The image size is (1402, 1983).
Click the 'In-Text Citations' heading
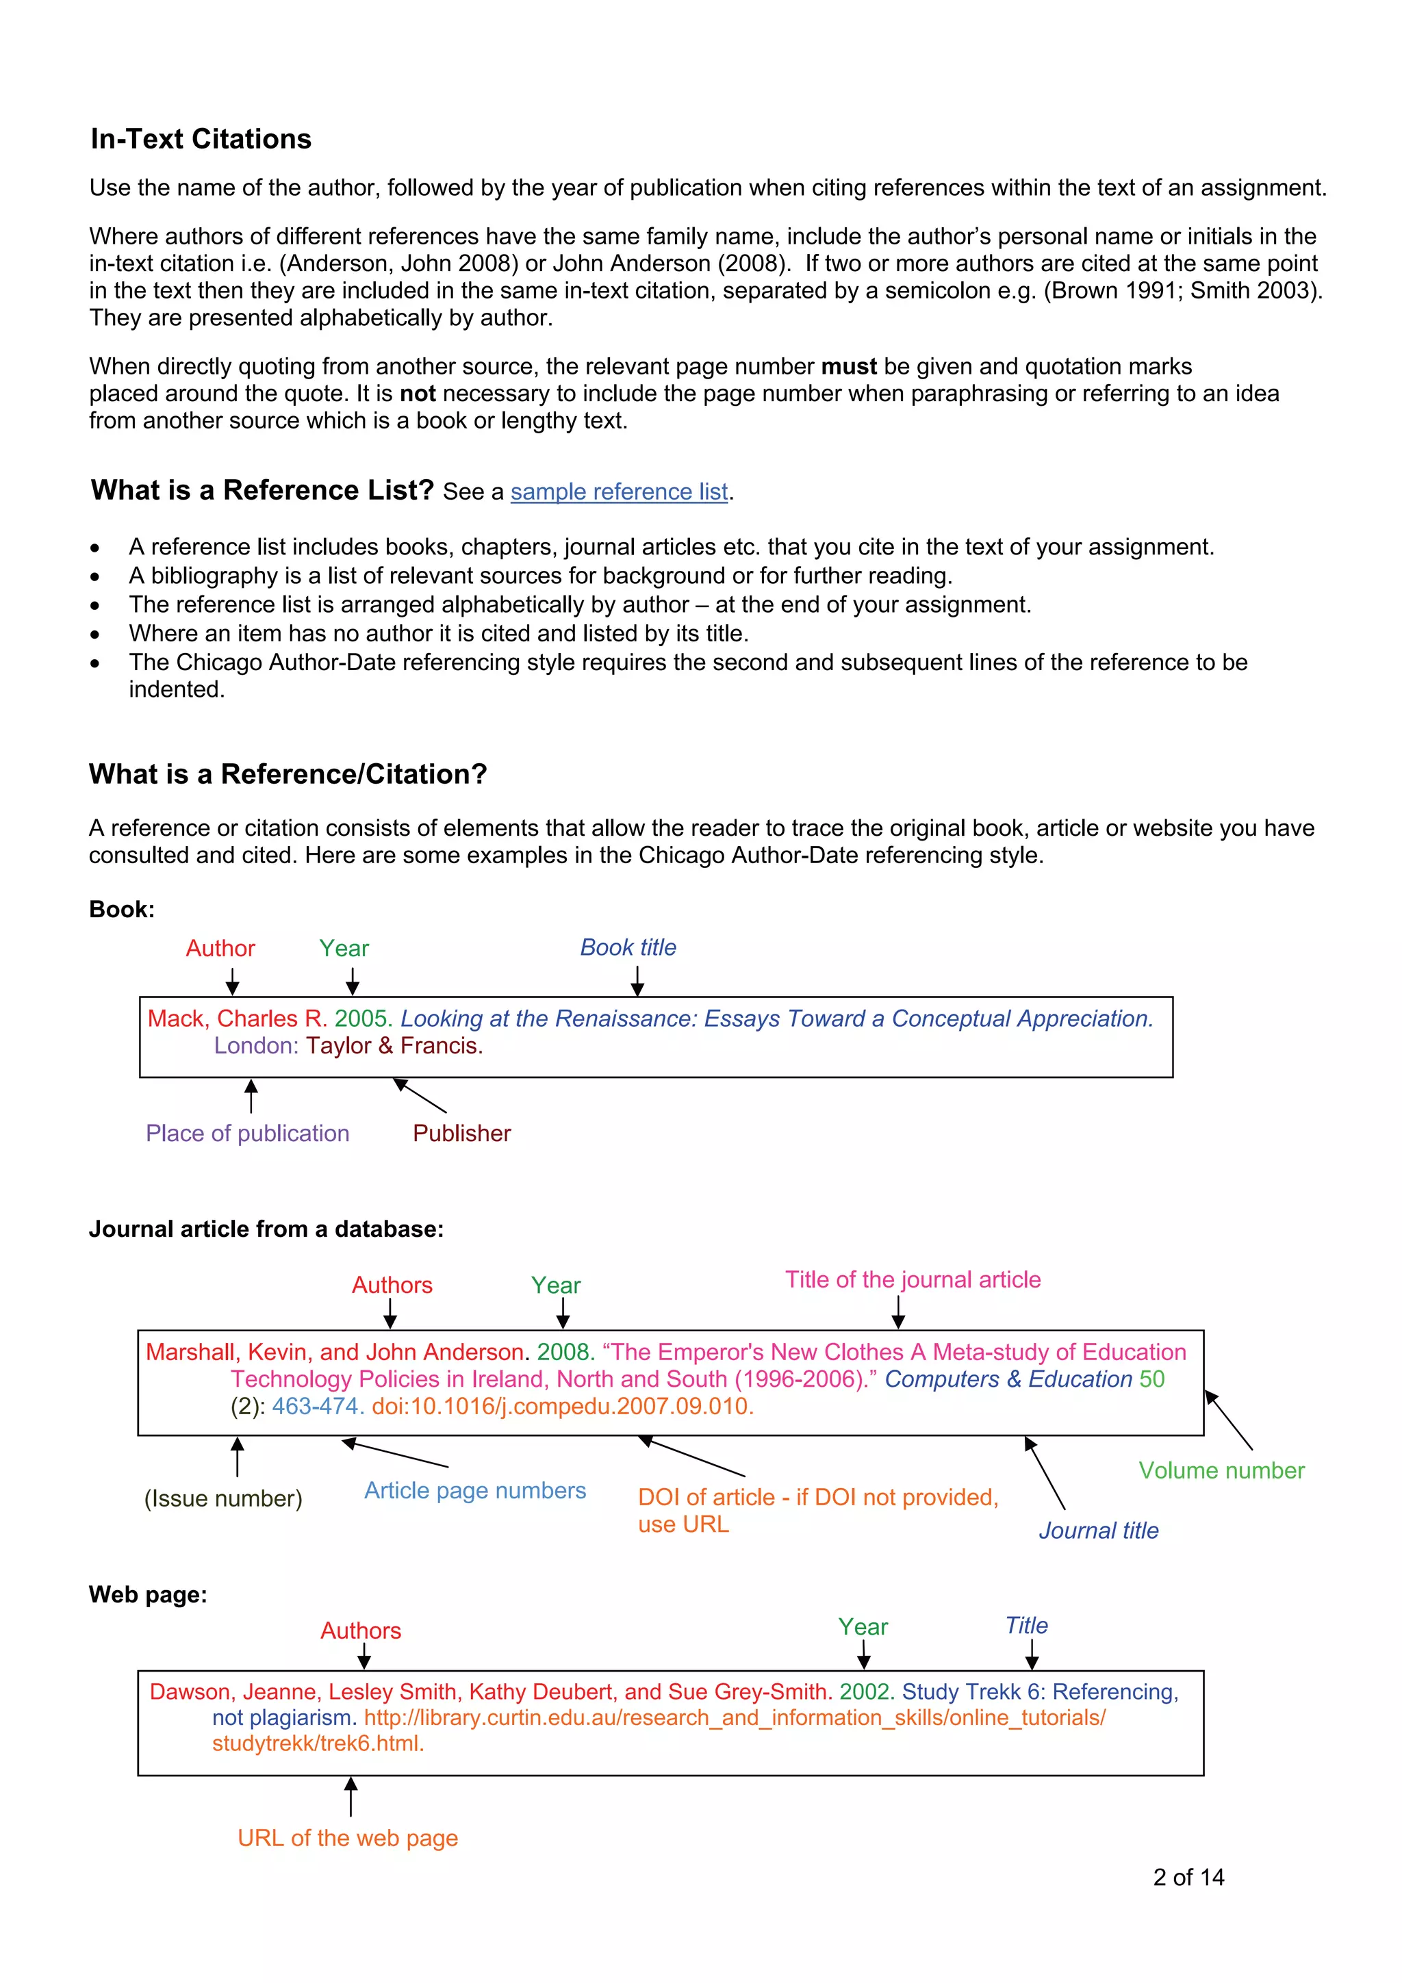[x=201, y=139]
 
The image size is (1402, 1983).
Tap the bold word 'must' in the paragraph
[x=848, y=367]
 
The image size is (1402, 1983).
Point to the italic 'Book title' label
[x=628, y=947]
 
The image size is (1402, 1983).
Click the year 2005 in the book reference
[x=363, y=1019]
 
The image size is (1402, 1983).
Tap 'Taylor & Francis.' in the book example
[x=394, y=1046]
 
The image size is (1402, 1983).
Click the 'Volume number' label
[x=1221, y=1471]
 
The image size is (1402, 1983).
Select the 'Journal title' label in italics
[x=1098, y=1531]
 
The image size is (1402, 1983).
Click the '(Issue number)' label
[x=223, y=1498]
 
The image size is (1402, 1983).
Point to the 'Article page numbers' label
[x=474, y=1491]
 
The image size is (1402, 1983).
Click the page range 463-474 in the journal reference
[x=316, y=1407]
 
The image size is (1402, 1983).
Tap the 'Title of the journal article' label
[x=913, y=1280]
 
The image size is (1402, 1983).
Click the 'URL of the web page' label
[x=347, y=1838]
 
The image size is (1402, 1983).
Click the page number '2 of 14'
[x=1188, y=1878]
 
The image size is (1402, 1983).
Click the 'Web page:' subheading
[x=148, y=1594]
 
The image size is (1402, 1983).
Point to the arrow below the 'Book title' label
[x=637, y=980]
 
